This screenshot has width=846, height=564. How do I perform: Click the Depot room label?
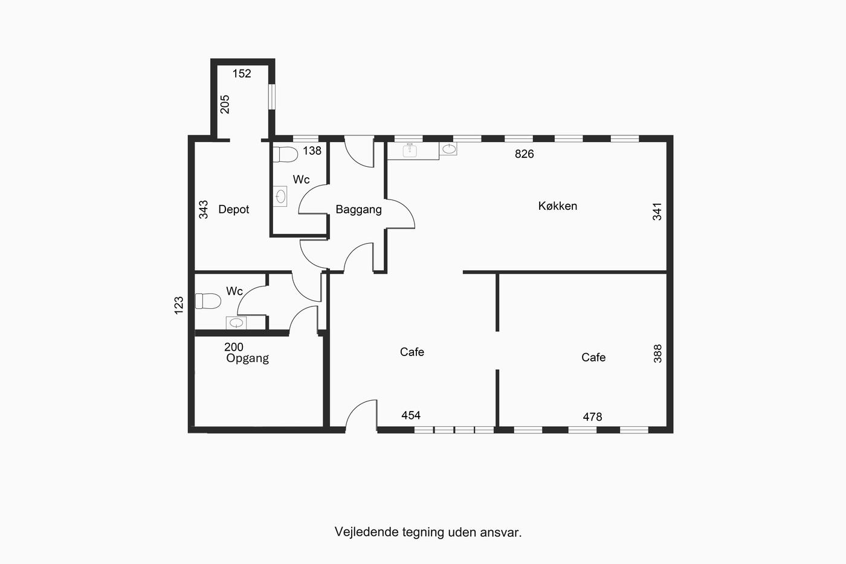(233, 209)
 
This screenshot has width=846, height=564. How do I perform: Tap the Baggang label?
(358, 209)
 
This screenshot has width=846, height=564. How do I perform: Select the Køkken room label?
(557, 206)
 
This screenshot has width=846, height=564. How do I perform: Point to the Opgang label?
(247, 358)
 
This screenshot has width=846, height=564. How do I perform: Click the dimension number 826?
(525, 154)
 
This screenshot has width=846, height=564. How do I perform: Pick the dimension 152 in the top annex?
(242, 73)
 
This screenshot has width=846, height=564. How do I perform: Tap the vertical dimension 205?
(225, 104)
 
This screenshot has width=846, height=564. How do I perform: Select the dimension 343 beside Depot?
(203, 209)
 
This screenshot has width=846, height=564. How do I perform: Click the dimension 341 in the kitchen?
(657, 212)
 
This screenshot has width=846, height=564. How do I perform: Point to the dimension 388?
(657, 354)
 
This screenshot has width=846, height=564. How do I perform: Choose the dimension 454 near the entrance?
(411, 415)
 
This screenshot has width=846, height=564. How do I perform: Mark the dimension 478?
(592, 417)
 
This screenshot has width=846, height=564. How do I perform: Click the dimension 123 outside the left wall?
(179, 305)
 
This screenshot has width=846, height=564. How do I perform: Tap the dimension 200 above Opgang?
(234, 347)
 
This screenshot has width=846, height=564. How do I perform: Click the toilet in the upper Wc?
(285, 155)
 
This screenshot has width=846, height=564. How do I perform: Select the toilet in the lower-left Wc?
(208, 301)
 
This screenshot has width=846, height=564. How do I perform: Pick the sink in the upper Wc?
(280, 196)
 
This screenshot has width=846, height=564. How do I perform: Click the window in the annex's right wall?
(272, 97)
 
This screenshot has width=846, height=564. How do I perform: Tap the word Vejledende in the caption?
(367, 532)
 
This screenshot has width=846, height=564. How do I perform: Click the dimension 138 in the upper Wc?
(312, 151)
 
